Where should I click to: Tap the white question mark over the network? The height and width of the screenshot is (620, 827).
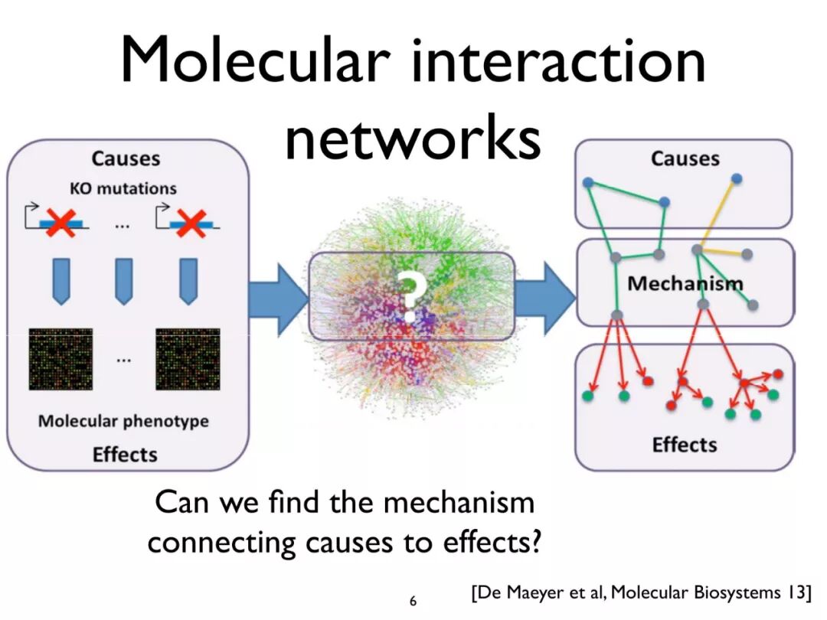[x=411, y=295]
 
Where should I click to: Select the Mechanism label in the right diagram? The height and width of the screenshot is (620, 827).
[x=685, y=283]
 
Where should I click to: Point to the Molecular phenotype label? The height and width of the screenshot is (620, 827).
[x=123, y=421]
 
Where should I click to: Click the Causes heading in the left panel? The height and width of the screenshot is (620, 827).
[x=126, y=159]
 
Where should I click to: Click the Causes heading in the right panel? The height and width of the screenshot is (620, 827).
[x=685, y=159]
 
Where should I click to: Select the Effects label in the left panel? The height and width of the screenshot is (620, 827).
[x=125, y=454]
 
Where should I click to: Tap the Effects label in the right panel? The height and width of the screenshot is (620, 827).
[x=685, y=445]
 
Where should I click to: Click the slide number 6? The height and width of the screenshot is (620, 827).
[x=413, y=601]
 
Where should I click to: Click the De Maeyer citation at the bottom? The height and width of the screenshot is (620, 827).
[x=640, y=592]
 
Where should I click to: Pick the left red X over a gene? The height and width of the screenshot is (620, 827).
[x=60, y=223]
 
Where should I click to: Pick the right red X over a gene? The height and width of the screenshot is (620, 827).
[x=188, y=223]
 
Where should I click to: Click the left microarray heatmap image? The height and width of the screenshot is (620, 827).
[x=60, y=359]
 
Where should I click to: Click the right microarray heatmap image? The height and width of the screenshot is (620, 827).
[x=188, y=359]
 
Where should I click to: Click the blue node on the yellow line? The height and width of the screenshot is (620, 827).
[x=737, y=178]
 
